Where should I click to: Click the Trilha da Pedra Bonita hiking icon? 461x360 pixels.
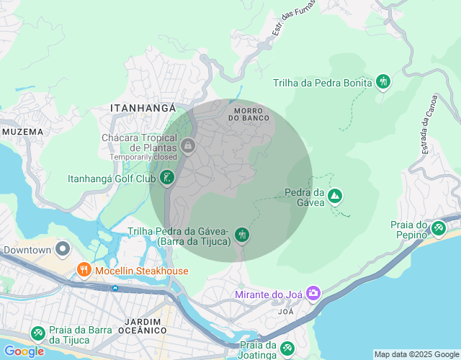click(383, 82)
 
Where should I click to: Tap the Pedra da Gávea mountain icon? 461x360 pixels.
click(334, 196)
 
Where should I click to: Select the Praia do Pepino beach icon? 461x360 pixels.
click(438, 228)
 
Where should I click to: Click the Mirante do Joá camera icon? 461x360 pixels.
click(313, 293)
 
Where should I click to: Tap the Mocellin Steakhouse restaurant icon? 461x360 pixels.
click(84, 271)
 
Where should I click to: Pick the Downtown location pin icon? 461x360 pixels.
click(63, 250)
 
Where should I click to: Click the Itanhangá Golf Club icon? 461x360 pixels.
click(167, 178)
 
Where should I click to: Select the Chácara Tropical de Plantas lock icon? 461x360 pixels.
click(187, 146)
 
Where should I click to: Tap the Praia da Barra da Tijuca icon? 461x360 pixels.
click(38, 333)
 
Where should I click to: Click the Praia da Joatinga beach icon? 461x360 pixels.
click(287, 348)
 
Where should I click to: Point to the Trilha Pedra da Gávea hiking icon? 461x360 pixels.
click(242, 235)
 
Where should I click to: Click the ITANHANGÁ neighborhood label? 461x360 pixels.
click(144, 107)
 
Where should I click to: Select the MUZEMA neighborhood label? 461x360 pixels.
click(23, 132)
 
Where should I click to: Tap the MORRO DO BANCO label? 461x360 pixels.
click(249, 114)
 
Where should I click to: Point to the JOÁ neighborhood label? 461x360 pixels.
click(286, 312)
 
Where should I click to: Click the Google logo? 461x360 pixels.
click(23, 351)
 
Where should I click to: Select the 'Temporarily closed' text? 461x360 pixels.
click(143, 156)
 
